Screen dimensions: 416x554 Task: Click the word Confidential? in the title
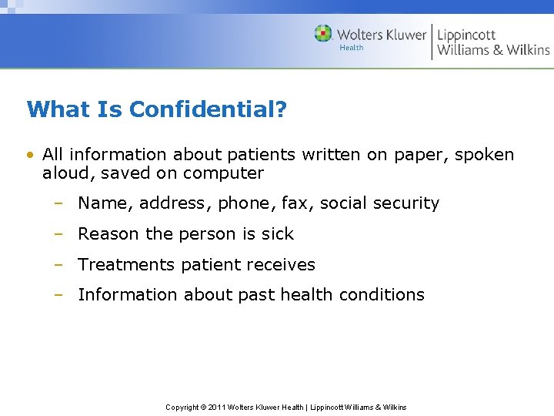(x=208, y=109)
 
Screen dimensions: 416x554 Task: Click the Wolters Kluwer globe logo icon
(x=323, y=33)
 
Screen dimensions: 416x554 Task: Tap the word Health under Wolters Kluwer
(x=352, y=48)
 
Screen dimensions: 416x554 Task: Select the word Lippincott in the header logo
(x=466, y=35)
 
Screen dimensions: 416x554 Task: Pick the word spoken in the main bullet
(x=484, y=155)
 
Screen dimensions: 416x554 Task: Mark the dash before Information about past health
(x=59, y=295)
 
